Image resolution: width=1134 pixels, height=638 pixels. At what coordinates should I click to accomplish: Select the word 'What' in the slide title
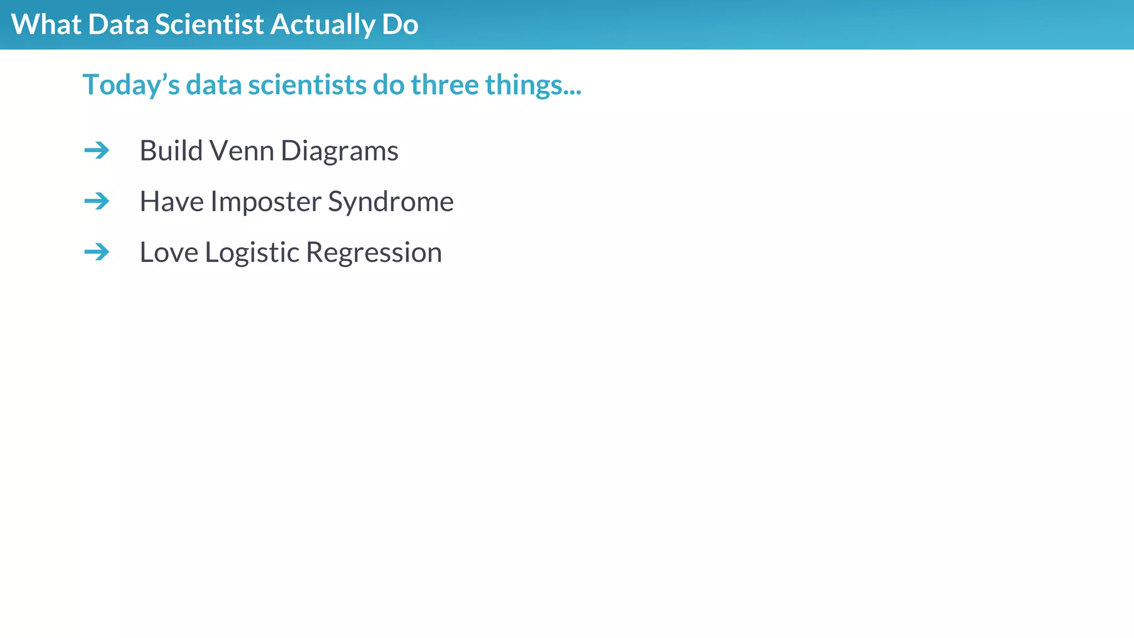pos(46,25)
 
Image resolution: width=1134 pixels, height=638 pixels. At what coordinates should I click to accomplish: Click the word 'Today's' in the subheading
pos(131,85)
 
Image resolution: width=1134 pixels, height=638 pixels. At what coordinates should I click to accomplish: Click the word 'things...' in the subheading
pos(533,85)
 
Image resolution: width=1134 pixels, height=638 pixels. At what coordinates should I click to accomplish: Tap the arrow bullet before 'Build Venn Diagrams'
pos(97,150)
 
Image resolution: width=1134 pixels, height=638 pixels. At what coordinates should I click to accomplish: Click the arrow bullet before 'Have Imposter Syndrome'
pos(97,201)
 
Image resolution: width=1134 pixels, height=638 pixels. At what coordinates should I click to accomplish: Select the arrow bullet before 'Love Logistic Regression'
pos(97,252)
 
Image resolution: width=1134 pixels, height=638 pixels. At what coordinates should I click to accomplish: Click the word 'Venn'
pos(241,151)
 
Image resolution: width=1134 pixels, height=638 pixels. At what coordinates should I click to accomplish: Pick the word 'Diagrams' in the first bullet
pos(339,151)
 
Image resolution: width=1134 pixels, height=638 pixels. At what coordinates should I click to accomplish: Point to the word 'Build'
pos(171,151)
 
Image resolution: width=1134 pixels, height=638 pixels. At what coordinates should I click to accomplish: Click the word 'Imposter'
pos(265,202)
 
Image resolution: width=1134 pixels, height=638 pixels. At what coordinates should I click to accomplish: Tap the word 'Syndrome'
pos(390,202)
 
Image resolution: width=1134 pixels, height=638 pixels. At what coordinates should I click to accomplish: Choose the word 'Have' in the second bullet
pos(171,202)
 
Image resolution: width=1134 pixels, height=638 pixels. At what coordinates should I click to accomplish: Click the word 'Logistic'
pos(252,253)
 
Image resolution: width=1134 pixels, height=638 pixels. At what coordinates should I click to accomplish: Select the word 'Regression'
pos(374,253)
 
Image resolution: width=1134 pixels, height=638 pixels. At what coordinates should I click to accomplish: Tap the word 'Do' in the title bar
pos(400,25)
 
